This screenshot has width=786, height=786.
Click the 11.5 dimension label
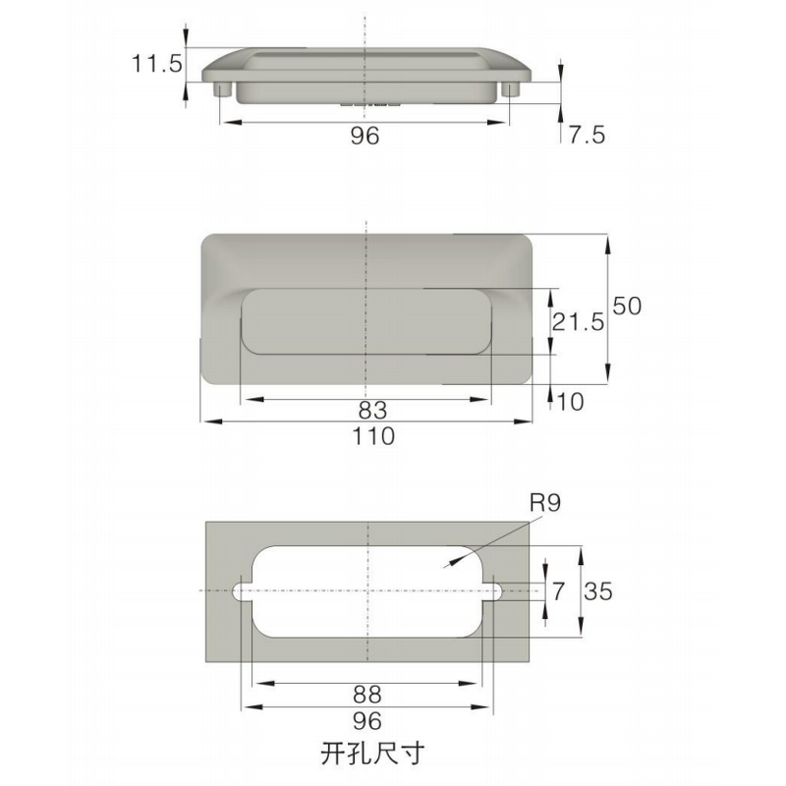157,65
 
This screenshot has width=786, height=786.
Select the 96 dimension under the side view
365,137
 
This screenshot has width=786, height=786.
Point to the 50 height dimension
627,306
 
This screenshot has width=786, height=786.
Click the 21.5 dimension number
577,321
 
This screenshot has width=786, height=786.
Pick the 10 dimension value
569,400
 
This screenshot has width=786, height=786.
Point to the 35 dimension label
600,591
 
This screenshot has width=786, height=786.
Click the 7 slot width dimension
559,591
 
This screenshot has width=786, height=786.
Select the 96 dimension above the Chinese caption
365,721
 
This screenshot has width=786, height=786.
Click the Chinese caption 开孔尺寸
371,755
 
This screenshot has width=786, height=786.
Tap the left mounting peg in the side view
222,90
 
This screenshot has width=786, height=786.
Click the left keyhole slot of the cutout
242,591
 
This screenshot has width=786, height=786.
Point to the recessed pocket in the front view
365,321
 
